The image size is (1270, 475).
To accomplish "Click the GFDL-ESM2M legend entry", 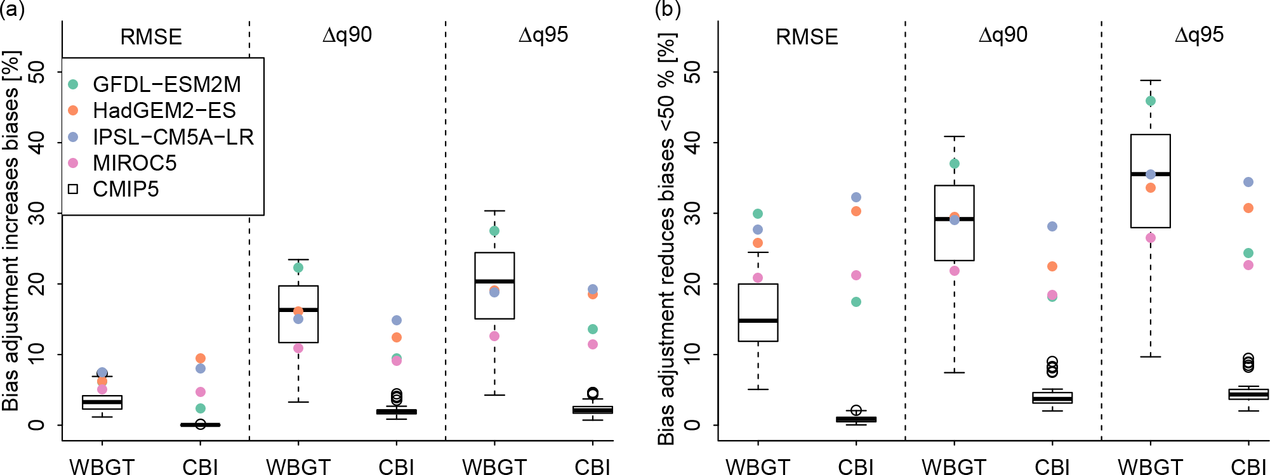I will (166, 84).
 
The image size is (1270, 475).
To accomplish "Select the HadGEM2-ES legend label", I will (164, 111).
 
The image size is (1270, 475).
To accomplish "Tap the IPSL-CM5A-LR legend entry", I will (173, 137).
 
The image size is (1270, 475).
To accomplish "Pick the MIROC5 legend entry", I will (135, 163).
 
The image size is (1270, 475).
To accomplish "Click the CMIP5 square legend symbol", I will (73, 189).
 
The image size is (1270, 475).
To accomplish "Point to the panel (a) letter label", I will (12, 9).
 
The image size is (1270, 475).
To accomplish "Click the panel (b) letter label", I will (668, 9).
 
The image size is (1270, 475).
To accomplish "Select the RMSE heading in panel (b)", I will (807, 37).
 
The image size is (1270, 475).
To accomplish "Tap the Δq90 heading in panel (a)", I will (347, 35).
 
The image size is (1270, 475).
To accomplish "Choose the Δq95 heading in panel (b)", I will (1199, 35).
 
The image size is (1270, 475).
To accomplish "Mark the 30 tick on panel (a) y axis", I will (37, 213).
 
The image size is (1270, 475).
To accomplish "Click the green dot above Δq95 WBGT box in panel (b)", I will (1151, 101).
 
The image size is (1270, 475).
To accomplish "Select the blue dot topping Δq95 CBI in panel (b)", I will (1248, 182).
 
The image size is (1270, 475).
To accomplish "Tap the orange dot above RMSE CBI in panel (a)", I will (201, 358).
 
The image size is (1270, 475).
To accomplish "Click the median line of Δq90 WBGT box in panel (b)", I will (954, 219).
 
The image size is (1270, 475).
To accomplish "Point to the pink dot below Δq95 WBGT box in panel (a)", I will (494, 336).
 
